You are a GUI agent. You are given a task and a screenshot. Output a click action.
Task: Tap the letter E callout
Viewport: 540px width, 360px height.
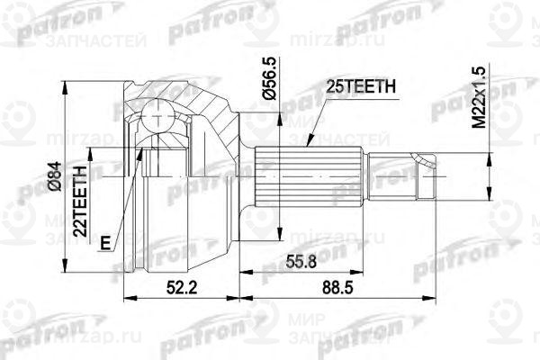tap(107, 240)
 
